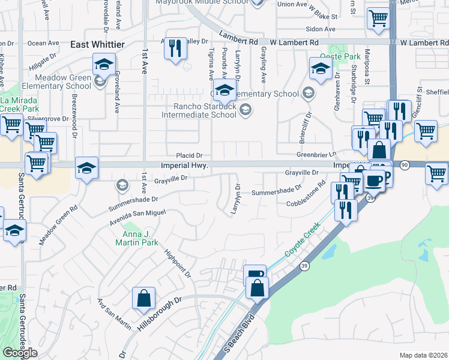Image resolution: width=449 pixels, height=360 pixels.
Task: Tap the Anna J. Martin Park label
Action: pos(137,238)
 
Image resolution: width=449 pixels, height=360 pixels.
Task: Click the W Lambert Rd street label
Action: pos(294,43)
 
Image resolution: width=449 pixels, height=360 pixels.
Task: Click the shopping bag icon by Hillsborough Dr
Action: pos(144,298)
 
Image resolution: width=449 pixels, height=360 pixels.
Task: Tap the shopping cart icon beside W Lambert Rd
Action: pos(378,19)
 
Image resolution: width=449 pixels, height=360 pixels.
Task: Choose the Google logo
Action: pos(20,353)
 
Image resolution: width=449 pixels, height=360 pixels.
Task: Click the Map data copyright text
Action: pos(423,355)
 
